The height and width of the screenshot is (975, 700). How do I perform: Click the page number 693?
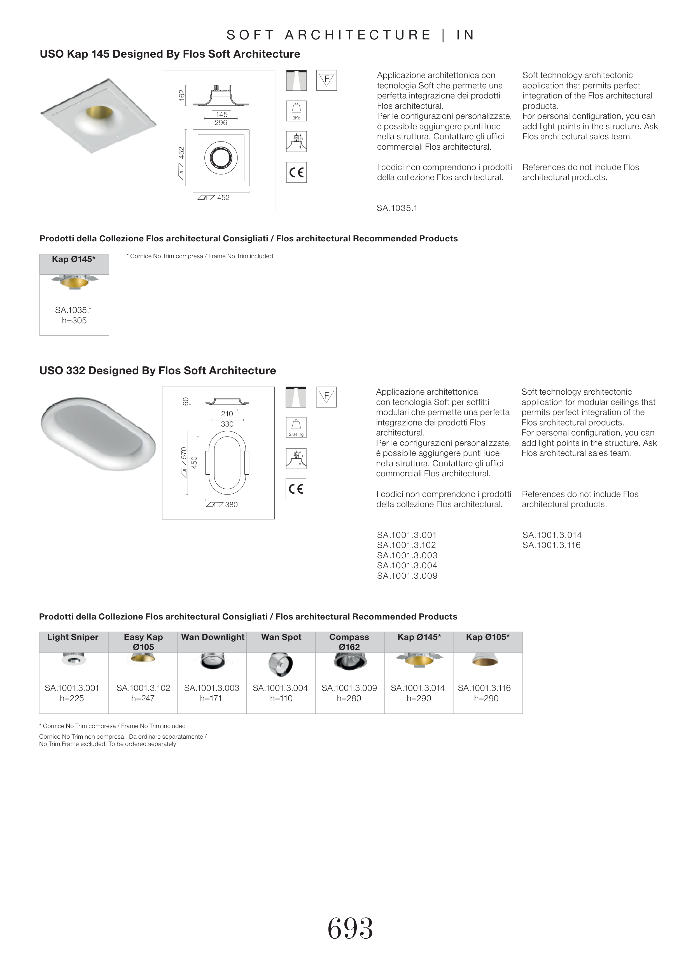[x=350, y=929]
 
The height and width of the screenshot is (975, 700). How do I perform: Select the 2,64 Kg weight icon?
[x=296, y=427]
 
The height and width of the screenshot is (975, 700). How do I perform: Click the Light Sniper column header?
[x=73, y=637]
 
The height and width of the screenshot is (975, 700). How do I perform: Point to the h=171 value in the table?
[x=211, y=698]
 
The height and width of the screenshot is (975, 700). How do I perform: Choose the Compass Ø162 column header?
[x=349, y=642]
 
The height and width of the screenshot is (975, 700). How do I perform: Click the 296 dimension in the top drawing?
[x=221, y=123]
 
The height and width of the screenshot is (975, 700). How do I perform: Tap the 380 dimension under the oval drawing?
[x=231, y=505]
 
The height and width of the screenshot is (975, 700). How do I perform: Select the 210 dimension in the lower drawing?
[x=227, y=414]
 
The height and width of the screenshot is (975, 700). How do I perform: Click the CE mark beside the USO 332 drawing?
[x=296, y=489]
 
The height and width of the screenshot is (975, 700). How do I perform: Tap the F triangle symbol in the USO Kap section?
[x=326, y=80]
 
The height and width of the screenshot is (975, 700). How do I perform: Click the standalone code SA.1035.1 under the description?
[x=397, y=208]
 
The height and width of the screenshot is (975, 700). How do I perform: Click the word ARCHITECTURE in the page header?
[x=358, y=35]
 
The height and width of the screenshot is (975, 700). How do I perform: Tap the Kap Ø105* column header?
[x=487, y=637]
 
